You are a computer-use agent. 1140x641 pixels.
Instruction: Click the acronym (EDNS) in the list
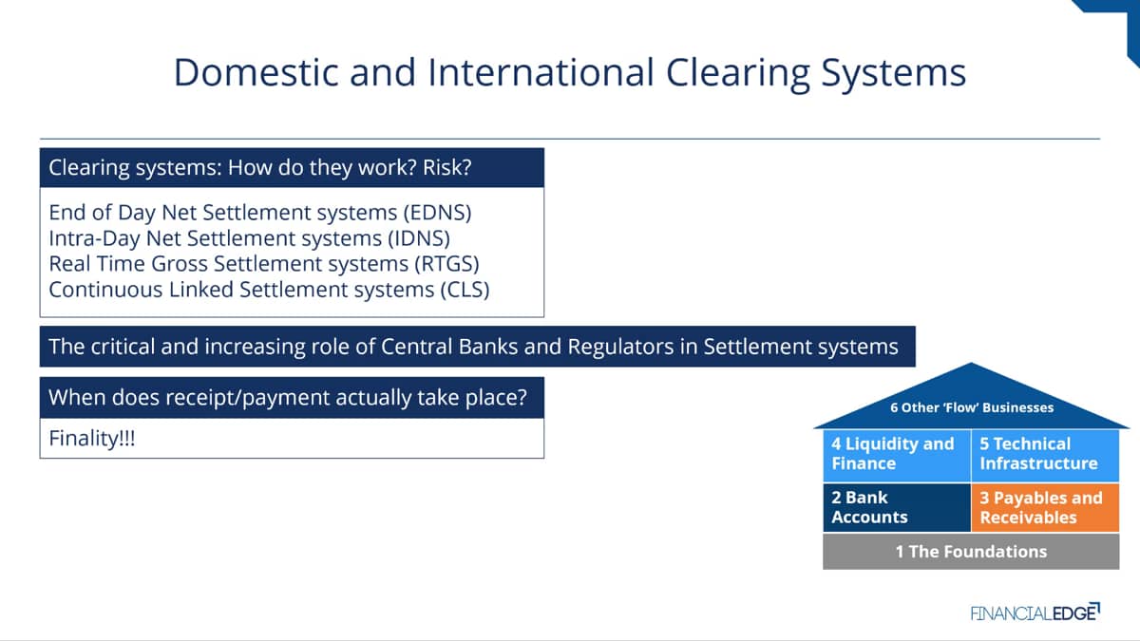[x=437, y=213]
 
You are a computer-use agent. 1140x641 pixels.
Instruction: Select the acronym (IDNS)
[x=419, y=238]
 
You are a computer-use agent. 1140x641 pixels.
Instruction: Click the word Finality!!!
[x=92, y=439]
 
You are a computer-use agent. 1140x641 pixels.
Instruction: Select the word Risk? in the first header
[x=446, y=168]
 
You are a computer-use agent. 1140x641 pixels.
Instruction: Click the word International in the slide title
[x=541, y=72]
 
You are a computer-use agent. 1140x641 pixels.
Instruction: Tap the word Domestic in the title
[x=256, y=72]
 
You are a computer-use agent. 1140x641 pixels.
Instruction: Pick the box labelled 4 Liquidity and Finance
[x=897, y=455]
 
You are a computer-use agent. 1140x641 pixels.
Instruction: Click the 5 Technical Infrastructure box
[x=1045, y=455]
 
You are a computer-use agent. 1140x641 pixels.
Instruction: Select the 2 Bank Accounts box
[x=897, y=508]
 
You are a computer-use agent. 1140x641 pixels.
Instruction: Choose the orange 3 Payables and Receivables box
[x=1045, y=508]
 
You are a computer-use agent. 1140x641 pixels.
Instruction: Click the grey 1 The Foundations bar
[x=971, y=552]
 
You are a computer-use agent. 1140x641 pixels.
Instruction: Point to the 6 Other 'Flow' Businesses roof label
[x=972, y=407]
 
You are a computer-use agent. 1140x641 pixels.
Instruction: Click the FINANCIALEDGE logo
[x=1035, y=613]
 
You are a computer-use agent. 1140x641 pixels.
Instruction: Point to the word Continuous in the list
[x=105, y=290]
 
